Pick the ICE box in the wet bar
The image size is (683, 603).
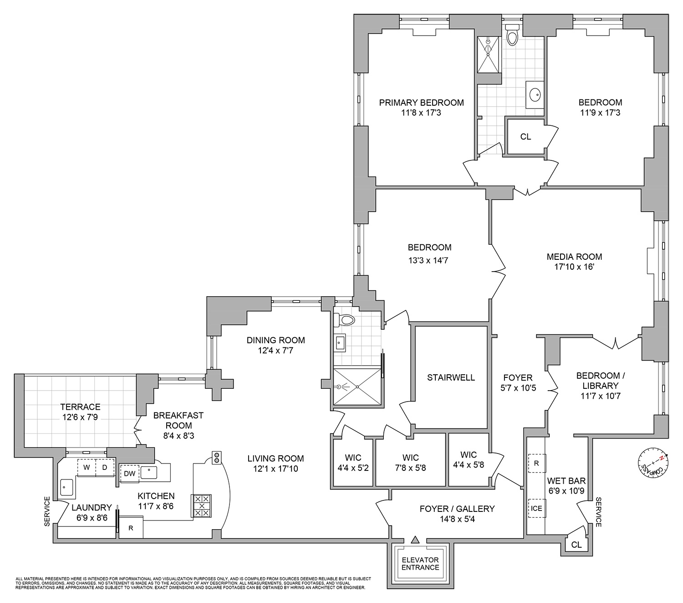click(x=536, y=508)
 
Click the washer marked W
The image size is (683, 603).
click(x=86, y=467)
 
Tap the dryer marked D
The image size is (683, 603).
click(x=104, y=467)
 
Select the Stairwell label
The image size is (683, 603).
click(x=451, y=377)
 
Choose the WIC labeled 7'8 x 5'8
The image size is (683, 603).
click(x=410, y=463)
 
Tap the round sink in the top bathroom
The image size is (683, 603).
click(x=535, y=95)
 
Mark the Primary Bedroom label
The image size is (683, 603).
click(x=421, y=103)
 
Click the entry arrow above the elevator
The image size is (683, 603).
click(x=414, y=540)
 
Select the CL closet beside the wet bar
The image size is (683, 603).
click(x=576, y=545)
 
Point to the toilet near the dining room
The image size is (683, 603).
click(x=346, y=320)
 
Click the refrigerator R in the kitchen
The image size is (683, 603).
click(x=131, y=529)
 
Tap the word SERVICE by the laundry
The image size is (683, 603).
click(x=47, y=511)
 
